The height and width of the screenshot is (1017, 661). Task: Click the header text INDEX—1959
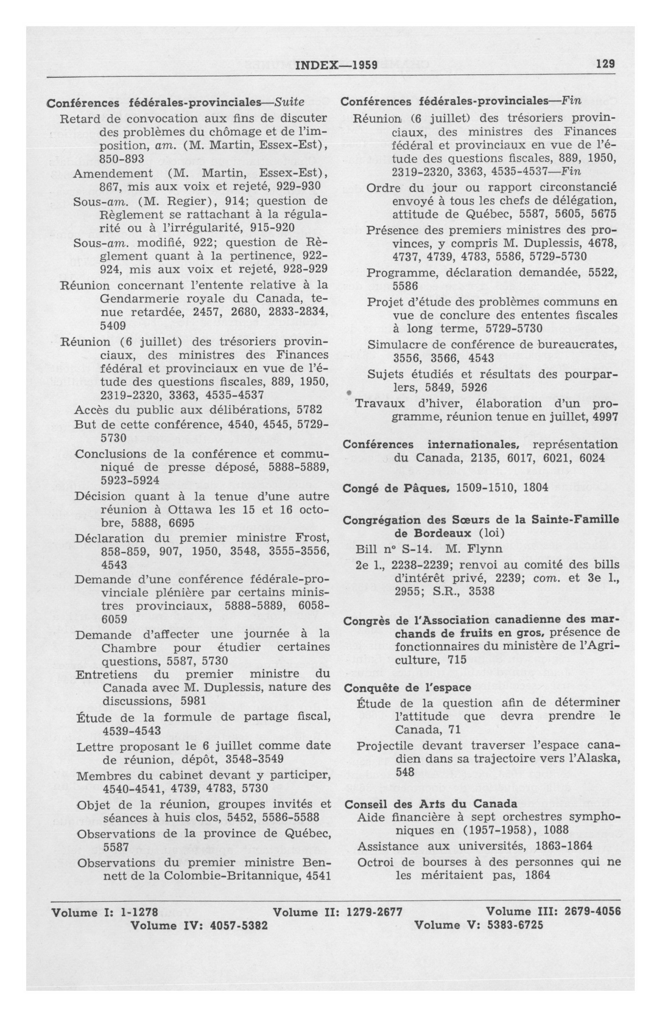pyautogui.click(x=336, y=65)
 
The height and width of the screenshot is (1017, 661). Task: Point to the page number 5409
pyautogui.click(x=113, y=326)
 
